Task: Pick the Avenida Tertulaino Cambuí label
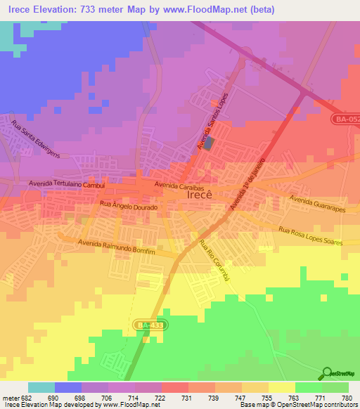coord(67,183)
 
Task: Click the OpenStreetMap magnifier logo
coord(327,373)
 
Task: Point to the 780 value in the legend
coord(345,398)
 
